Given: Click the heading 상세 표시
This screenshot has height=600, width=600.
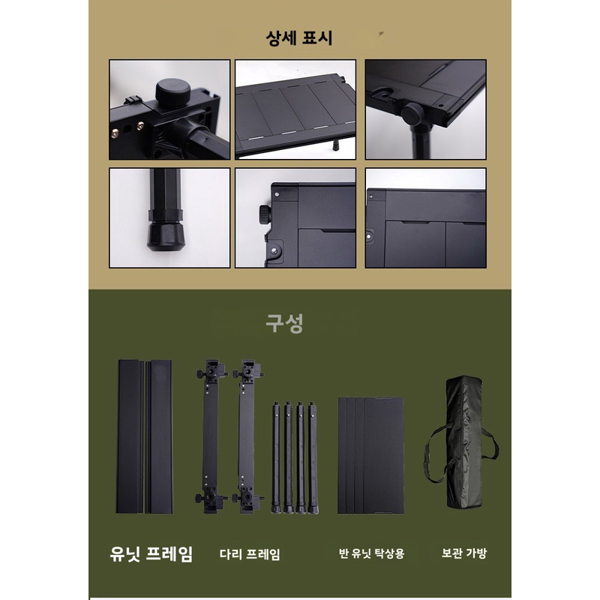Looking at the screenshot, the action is tap(299, 38).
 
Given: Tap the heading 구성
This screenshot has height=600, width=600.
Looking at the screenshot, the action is tap(284, 324).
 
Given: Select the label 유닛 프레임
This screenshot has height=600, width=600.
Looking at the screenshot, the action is tap(151, 553).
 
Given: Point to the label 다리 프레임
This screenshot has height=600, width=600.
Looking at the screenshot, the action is tap(250, 554).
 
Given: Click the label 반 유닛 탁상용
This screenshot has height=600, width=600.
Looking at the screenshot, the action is tap(371, 553).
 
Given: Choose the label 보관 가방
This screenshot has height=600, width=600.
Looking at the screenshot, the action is tap(463, 553).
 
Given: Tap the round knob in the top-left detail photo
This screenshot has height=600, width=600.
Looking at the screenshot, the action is tap(173, 91).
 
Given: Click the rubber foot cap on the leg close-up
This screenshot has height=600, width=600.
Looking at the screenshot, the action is tap(163, 236).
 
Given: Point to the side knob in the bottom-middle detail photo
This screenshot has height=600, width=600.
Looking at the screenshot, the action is tap(265, 215).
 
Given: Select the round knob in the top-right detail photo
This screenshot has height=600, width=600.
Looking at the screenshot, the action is tap(412, 114).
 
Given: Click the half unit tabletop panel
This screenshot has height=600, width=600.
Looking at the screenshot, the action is tap(370, 455).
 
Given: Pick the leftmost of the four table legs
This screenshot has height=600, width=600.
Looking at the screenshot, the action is tap(276, 457).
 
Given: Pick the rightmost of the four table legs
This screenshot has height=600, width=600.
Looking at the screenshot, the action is tap(312, 457).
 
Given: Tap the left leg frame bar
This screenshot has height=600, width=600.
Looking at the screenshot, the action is tap(211, 436).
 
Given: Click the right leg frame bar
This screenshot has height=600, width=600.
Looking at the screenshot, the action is tap(248, 436).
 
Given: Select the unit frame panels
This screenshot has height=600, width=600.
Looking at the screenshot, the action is tap(144, 436).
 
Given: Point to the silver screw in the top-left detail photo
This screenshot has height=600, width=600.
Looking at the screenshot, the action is tap(115, 133).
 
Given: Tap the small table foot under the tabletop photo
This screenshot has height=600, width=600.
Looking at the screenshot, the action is tap(336, 145).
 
